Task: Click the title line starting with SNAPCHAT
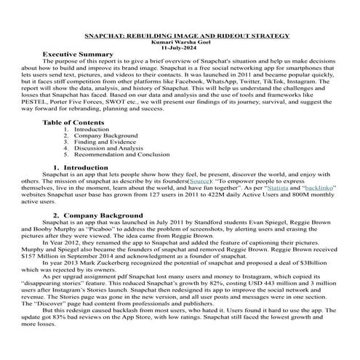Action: [180, 34]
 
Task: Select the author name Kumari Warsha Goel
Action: [180, 41]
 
